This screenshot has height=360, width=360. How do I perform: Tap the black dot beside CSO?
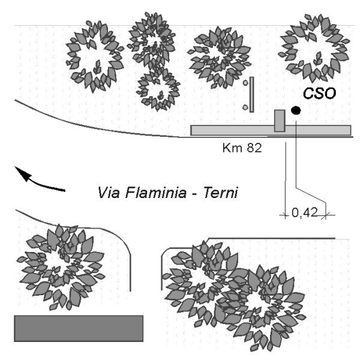click(x=296, y=110)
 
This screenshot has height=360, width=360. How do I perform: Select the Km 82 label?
click(x=241, y=147)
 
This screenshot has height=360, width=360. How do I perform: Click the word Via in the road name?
click(x=108, y=194)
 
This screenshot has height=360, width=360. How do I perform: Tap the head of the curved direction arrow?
click(x=22, y=173)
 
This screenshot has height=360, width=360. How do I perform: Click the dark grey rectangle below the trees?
click(x=79, y=328)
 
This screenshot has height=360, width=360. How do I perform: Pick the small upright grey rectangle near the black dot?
click(x=280, y=121)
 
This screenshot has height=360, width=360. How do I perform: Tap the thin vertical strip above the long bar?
click(x=253, y=94)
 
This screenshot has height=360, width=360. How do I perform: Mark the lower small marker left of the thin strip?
click(x=245, y=107)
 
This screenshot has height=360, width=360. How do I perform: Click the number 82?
click(x=253, y=147)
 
